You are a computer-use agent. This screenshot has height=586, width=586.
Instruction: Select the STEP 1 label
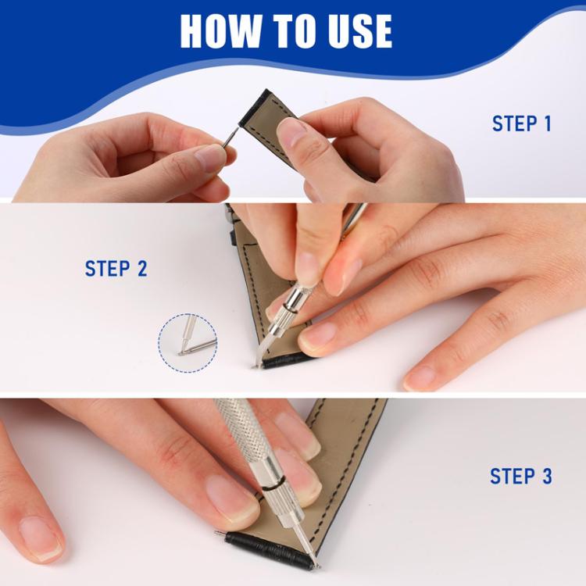coord(521,123)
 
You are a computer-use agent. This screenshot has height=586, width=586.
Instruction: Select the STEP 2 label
coord(116,269)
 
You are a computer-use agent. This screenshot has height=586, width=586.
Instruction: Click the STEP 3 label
coord(520,476)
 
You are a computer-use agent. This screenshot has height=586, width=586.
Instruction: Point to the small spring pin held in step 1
coord(230,138)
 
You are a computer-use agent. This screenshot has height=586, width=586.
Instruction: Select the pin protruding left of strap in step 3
coord(220,534)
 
